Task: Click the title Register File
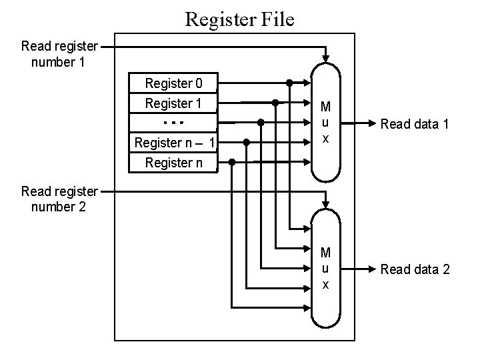tap(239, 19)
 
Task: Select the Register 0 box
tap(173, 83)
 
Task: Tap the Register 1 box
tap(173, 103)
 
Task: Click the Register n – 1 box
tap(173, 143)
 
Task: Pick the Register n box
tap(173, 162)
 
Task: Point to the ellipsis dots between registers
tap(173, 123)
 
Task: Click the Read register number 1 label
tap(59, 54)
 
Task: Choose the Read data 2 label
tap(415, 269)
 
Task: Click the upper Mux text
tap(325, 123)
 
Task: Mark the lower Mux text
tap(325, 269)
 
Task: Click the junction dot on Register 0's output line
tap(289, 83)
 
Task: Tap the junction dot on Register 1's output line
tap(275, 103)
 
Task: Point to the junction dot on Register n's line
tap(232, 162)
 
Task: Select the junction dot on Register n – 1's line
tap(247, 143)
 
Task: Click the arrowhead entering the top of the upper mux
tap(325, 57)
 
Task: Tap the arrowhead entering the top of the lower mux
tap(325, 203)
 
